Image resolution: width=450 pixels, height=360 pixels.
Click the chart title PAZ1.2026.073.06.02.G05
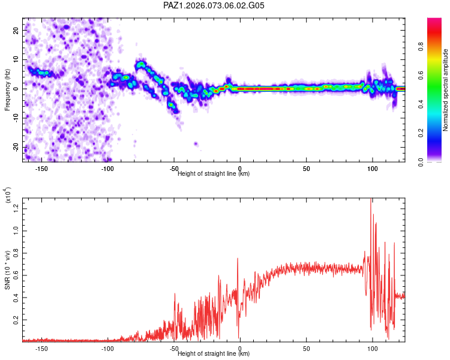(214, 5)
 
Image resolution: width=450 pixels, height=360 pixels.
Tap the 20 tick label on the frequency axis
(16, 30)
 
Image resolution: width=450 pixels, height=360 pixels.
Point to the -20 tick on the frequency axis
(16, 148)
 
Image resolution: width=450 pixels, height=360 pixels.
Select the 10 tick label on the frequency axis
(16, 59)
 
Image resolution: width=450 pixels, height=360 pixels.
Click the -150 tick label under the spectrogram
(41, 169)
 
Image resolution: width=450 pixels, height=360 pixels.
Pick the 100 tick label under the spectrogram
(372, 169)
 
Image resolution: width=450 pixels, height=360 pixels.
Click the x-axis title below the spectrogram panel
(214, 174)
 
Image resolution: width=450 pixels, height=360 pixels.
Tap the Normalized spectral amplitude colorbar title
(446, 90)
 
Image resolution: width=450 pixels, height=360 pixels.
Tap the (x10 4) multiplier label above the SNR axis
(8, 196)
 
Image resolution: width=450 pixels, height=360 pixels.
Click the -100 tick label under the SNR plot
(107, 349)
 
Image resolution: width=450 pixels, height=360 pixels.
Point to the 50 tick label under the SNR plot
(306, 349)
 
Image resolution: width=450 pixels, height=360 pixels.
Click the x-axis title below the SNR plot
(214, 354)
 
